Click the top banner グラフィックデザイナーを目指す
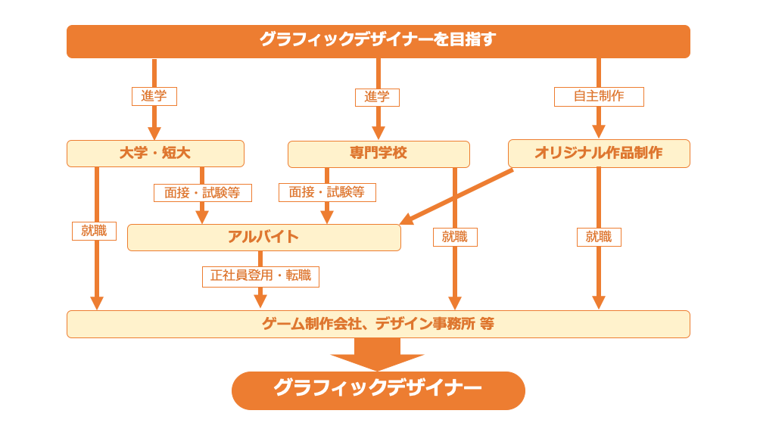pyautogui.click(x=378, y=41)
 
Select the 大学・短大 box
pyautogui.click(x=155, y=154)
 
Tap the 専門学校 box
pyautogui.click(x=378, y=154)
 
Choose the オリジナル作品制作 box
pyautogui.click(x=599, y=154)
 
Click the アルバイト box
pyautogui.click(x=263, y=237)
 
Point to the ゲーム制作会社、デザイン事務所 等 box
pyautogui.click(x=378, y=324)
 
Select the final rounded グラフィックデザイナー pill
pyautogui.click(x=378, y=390)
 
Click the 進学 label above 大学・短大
pyautogui.click(x=154, y=96)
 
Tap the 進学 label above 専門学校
pyautogui.click(x=377, y=97)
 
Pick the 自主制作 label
pyautogui.click(x=599, y=96)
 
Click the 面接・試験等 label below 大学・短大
pyautogui.click(x=202, y=193)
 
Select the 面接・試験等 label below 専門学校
pyautogui.click(x=327, y=192)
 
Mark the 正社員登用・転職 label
pyautogui.click(x=260, y=276)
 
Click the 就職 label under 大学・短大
pyautogui.click(x=94, y=231)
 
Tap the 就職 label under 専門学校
pyautogui.click(x=455, y=237)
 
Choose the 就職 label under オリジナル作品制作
pyautogui.click(x=599, y=237)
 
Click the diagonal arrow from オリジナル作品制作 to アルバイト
pyautogui.click(x=458, y=196)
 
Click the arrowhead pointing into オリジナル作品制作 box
pyautogui.click(x=599, y=132)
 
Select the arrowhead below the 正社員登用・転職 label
pyautogui.click(x=260, y=301)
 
